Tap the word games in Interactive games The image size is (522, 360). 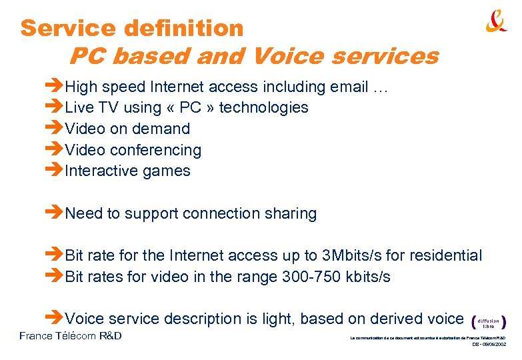(168, 171)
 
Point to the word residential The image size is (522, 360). (447, 255)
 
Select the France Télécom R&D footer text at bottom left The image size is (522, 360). (71, 336)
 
